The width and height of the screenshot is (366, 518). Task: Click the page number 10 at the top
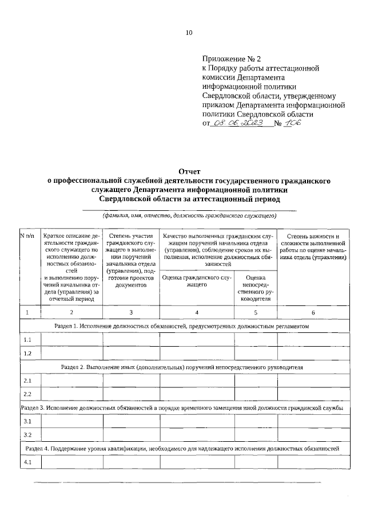coord(188,33)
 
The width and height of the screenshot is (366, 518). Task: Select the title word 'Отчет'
coord(189,171)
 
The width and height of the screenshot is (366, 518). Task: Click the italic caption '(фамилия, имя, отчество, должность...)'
coord(189,216)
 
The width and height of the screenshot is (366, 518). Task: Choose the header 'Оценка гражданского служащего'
coord(197,281)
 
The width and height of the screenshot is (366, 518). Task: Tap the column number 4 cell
coord(197,312)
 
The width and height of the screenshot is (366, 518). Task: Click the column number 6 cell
coord(313,312)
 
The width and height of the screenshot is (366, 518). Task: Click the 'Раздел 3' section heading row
coord(182,407)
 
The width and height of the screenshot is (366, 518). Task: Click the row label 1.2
coord(27,353)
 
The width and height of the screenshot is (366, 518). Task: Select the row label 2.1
coord(27,380)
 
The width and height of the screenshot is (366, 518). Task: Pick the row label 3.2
coord(27,435)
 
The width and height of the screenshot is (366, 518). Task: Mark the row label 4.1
coord(27,462)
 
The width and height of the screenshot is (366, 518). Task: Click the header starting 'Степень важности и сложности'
coord(313,247)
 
